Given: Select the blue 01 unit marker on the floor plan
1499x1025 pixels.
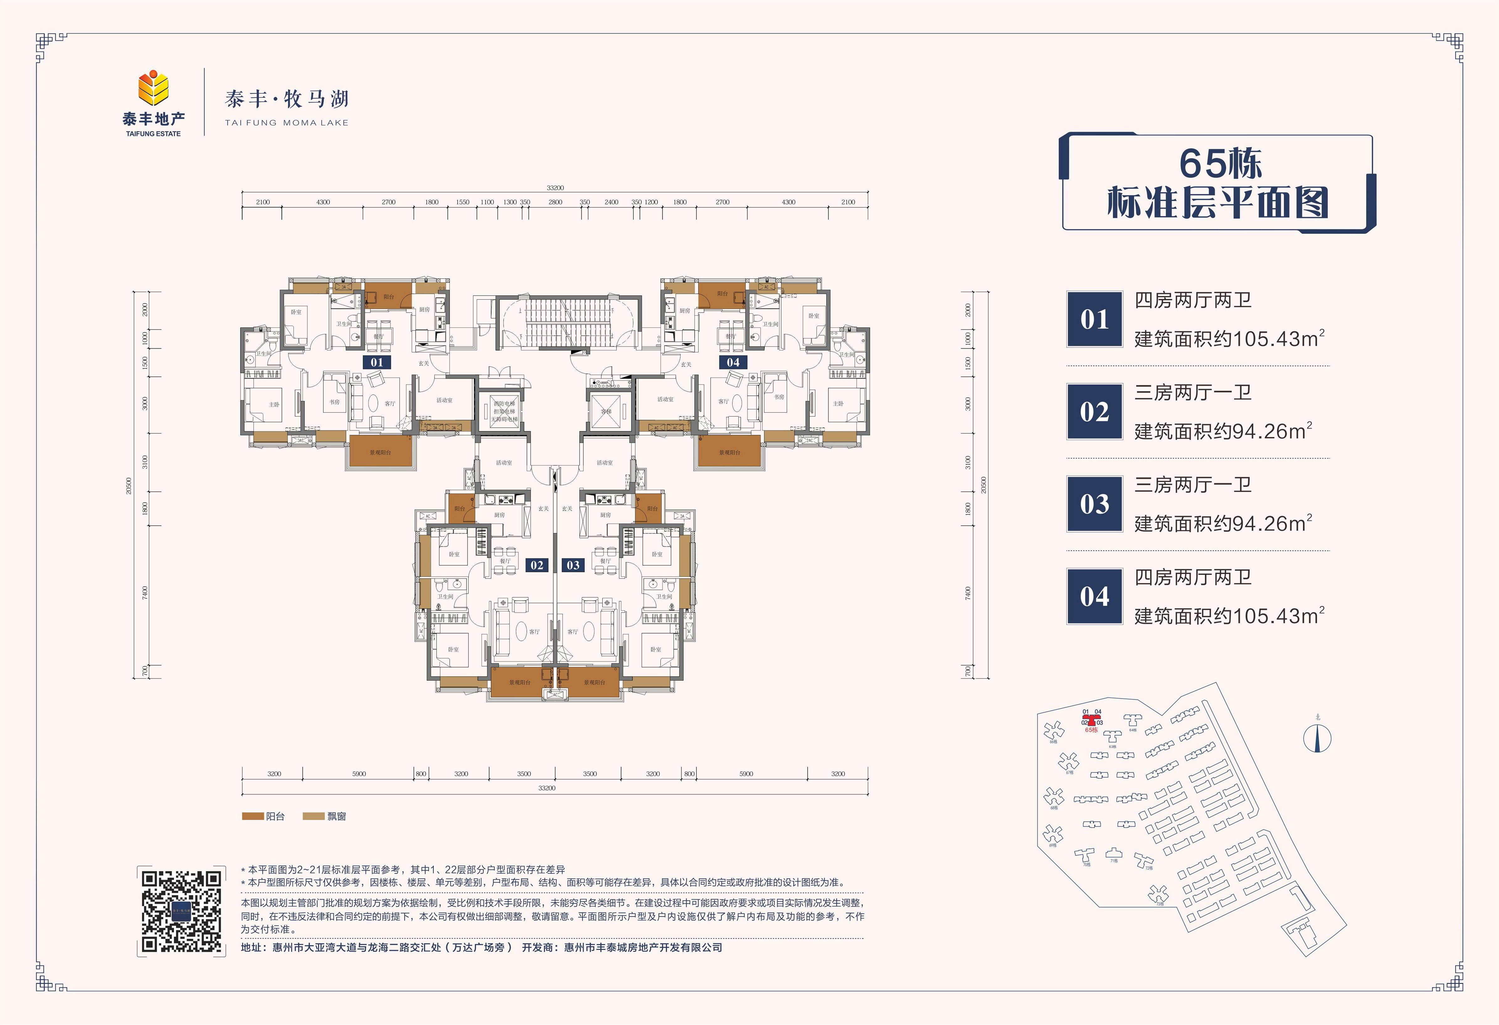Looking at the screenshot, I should coord(377,362).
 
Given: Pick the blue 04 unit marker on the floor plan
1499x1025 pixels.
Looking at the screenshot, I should coord(733,362).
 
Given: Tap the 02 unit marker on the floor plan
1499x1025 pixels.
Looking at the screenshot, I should coord(537,565).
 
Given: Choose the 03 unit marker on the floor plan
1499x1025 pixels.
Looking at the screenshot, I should coord(573,565).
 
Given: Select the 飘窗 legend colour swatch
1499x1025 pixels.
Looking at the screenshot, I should coord(314,816).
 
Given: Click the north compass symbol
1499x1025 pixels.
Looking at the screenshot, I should coord(1317,738).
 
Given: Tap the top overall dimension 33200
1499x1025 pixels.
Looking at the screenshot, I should coord(555,188).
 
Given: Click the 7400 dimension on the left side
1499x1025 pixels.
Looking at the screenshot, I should coord(145,592).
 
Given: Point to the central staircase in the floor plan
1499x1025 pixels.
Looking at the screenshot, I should coord(568,323).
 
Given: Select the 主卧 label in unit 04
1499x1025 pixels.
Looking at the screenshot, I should coord(838,403).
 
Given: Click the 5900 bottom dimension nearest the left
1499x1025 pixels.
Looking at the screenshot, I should coord(359,773).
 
